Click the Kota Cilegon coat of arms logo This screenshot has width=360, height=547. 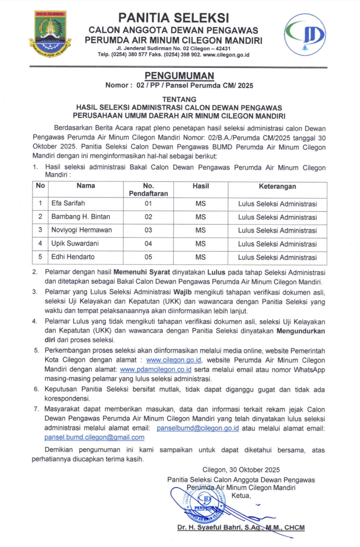50,34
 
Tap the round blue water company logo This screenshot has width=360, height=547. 305,35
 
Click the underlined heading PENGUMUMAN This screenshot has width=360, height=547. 179,76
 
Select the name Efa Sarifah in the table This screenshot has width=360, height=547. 68,203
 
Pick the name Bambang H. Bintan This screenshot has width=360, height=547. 81,217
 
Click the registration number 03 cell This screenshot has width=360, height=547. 148,230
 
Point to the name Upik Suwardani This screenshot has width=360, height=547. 75,243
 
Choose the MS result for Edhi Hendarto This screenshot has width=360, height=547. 201,257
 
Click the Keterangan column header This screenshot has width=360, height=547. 277,186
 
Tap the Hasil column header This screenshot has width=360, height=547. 201,186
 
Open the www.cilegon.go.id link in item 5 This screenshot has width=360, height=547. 174,360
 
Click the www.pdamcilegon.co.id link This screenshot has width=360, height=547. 156,370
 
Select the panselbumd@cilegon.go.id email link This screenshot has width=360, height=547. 198,428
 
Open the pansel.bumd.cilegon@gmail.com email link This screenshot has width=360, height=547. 94,437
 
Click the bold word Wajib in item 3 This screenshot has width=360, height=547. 182,292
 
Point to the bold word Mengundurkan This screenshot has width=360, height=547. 301,331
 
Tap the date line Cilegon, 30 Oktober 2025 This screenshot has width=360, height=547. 241,470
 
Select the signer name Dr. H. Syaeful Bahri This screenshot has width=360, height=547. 241,528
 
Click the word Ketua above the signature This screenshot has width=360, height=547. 241,496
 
